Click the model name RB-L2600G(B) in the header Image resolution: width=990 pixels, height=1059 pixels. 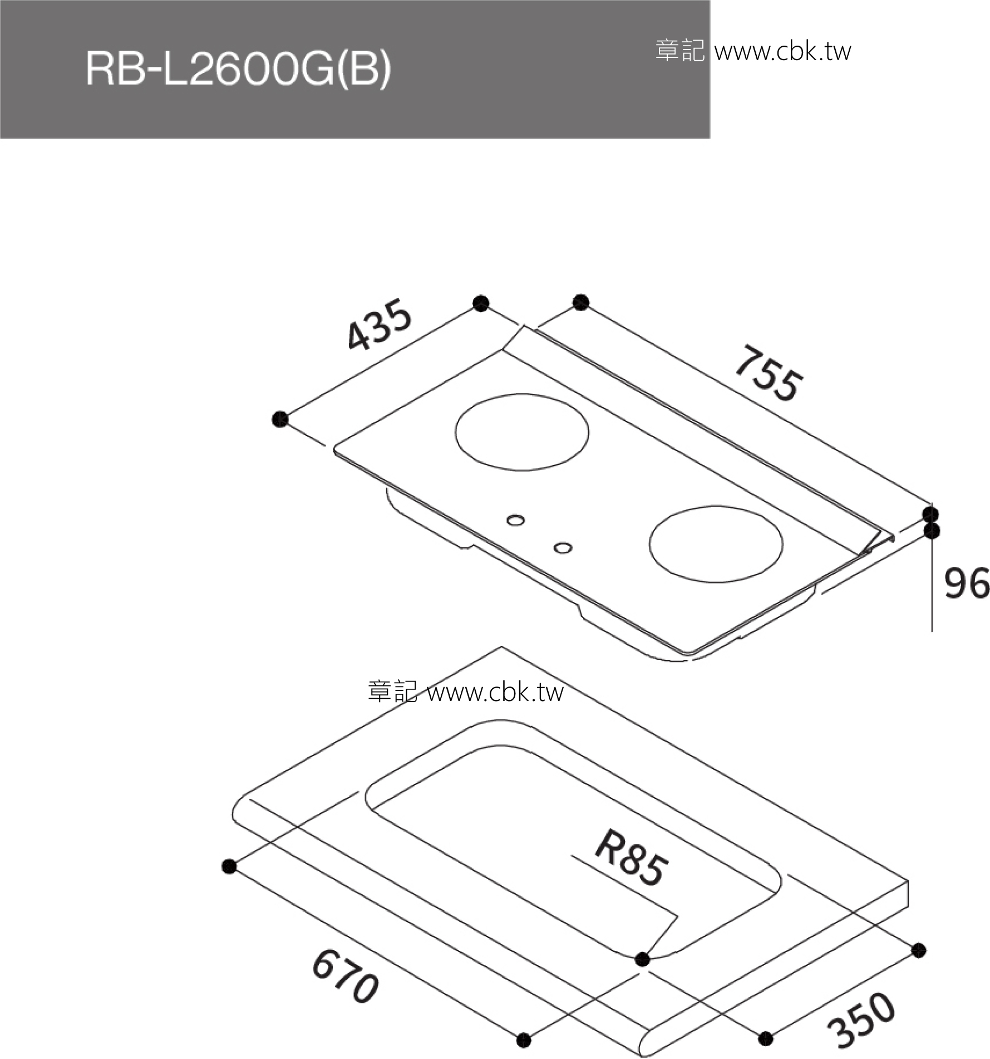point(238,70)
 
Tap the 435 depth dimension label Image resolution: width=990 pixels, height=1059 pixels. point(379,326)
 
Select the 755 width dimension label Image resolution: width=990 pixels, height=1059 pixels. point(769,374)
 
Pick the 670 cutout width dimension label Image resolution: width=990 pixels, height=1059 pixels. point(346,984)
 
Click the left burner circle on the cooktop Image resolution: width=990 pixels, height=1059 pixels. point(522,432)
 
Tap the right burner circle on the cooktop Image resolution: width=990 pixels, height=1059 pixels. point(716,544)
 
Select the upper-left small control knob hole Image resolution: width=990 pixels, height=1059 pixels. point(516,521)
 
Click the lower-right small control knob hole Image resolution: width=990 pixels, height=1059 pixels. point(563,548)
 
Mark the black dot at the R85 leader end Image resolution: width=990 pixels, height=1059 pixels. point(642,959)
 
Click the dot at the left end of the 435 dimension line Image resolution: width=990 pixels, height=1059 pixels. point(280,419)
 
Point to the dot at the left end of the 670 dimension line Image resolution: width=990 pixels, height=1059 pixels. point(229,866)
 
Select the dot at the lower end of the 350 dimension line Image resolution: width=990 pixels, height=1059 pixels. point(766,1038)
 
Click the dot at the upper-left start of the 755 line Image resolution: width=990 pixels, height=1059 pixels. point(580,302)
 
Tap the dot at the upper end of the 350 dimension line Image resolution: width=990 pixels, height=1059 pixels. point(919,950)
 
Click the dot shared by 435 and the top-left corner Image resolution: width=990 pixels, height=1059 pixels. point(481,303)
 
